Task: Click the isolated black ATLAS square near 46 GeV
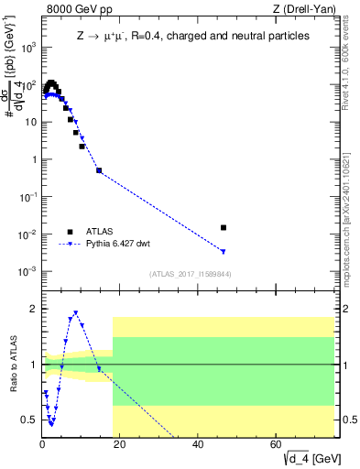point(224,227)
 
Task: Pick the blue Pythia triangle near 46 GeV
point(224,252)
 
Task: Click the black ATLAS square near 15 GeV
point(99,170)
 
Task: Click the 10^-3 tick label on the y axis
point(28,271)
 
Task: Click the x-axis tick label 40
point(199,443)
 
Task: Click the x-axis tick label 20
point(121,443)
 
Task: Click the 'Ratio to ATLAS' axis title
point(12,365)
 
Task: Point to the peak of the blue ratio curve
point(75,312)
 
